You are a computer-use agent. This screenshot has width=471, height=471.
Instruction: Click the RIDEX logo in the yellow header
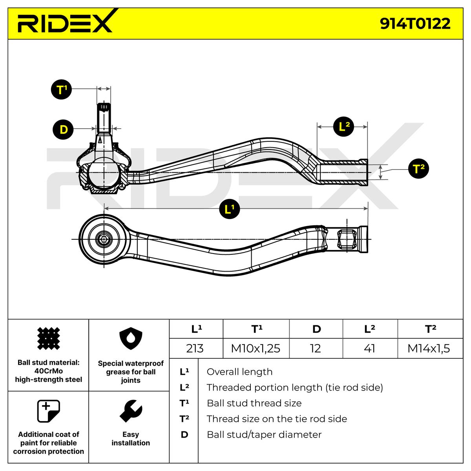[65, 21]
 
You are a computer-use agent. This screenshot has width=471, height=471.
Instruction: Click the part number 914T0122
[415, 24]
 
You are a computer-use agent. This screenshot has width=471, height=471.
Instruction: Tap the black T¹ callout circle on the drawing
[61, 89]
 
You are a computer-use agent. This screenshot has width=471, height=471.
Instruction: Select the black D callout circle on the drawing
[63, 129]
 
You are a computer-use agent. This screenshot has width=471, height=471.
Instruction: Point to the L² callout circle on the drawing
[343, 127]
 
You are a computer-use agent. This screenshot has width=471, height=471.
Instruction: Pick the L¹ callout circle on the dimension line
[229, 209]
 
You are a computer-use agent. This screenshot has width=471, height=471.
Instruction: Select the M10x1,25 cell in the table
[256, 348]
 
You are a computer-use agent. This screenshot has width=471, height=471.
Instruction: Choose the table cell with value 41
[370, 348]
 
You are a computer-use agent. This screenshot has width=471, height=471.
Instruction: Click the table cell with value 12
[316, 348]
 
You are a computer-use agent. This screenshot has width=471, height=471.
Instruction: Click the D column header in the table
[316, 329]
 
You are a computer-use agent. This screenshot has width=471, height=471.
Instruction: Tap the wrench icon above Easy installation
[131, 411]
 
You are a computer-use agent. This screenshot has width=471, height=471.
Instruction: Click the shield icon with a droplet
[131, 338]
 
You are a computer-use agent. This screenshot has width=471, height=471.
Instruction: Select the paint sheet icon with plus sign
[48, 411]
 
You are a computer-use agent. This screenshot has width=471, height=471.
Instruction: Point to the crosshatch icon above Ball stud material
[48, 338]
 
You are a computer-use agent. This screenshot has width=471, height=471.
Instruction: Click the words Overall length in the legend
[239, 372]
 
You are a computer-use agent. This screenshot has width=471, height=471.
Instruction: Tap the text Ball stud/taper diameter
[264, 434]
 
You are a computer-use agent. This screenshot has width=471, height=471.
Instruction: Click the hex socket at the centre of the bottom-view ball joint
[104, 239]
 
